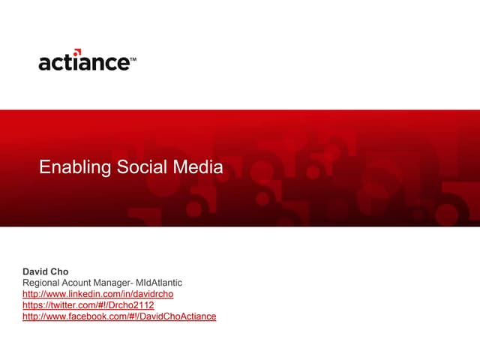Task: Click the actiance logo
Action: click(84, 61)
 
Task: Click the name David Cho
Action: click(45, 271)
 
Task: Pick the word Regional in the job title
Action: click(43, 283)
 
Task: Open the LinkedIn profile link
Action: click(98, 294)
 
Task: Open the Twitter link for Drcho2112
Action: click(88, 305)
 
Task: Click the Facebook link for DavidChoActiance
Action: click(119, 316)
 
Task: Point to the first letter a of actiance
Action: click(45, 63)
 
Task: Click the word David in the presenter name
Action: click(34, 271)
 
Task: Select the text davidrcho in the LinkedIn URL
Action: click(153, 294)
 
